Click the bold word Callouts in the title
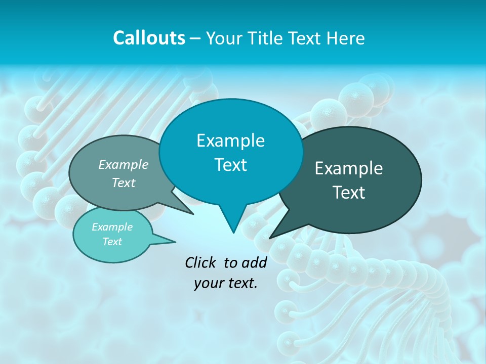(x=149, y=38)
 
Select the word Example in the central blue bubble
(x=230, y=141)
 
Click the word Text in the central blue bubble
(x=230, y=165)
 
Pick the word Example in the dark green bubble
(x=349, y=168)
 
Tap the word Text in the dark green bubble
(x=349, y=193)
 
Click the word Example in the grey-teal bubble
(x=124, y=164)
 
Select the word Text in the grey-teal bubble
(x=124, y=183)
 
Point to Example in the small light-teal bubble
(x=112, y=227)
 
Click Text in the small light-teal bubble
(x=112, y=242)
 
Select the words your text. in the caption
(x=226, y=283)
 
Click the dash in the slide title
(x=195, y=38)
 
